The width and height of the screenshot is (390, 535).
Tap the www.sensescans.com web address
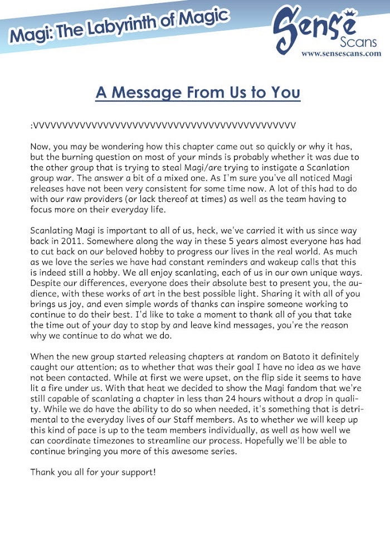pos(341,54)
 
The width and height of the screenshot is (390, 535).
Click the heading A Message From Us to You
pos(198,92)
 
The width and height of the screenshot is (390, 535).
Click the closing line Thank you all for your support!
pos(93,472)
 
